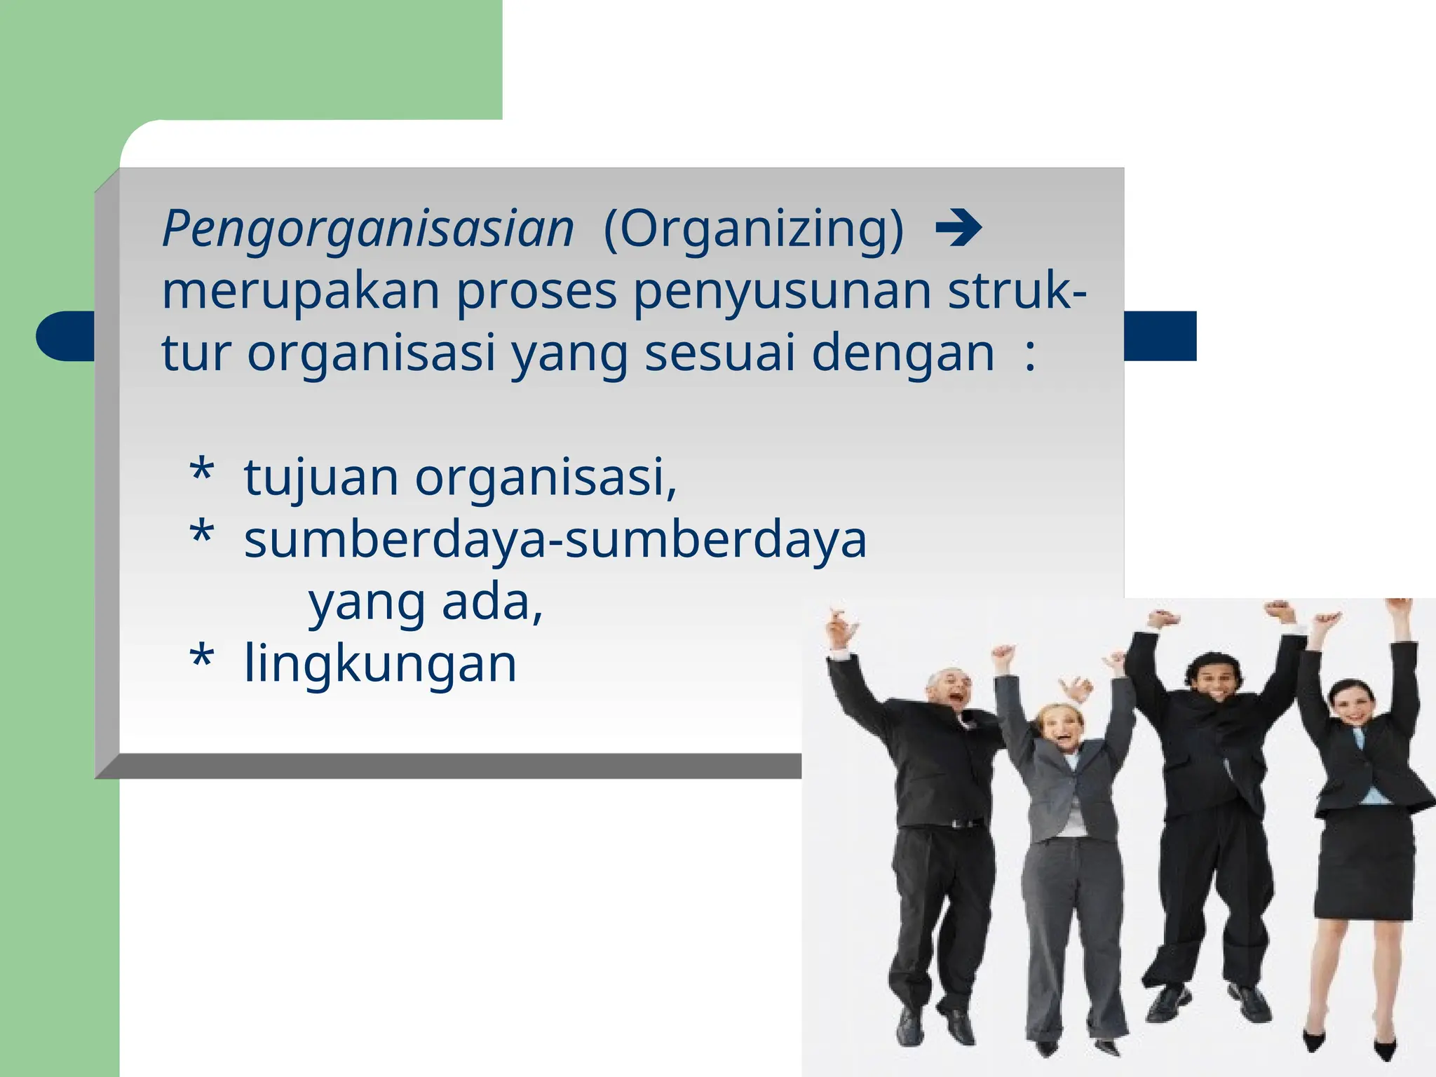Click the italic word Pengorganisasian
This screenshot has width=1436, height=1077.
pyautogui.click(x=368, y=229)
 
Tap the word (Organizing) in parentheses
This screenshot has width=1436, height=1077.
pyautogui.click(x=754, y=229)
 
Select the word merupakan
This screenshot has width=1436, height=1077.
pyautogui.click(x=301, y=291)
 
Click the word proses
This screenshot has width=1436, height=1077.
pyautogui.click(x=536, y=291)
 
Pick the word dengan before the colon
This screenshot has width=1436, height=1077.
pyautogui.click(x=902, y=353)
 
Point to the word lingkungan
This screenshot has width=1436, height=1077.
pyautogui.click(x=380, y=663)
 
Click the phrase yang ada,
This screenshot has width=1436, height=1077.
pyautogui.click(x=426, y=602)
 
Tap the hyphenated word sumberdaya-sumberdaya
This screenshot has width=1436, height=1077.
pyautogui.click(x=555, y=540)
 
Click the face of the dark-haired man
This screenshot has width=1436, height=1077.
pyautogui.click(x=1219, y=677)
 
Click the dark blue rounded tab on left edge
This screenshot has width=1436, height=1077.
pyautogui.click(x=65, y=337)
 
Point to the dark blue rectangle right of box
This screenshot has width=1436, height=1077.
pyautogui.click(x=1160, y=337)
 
